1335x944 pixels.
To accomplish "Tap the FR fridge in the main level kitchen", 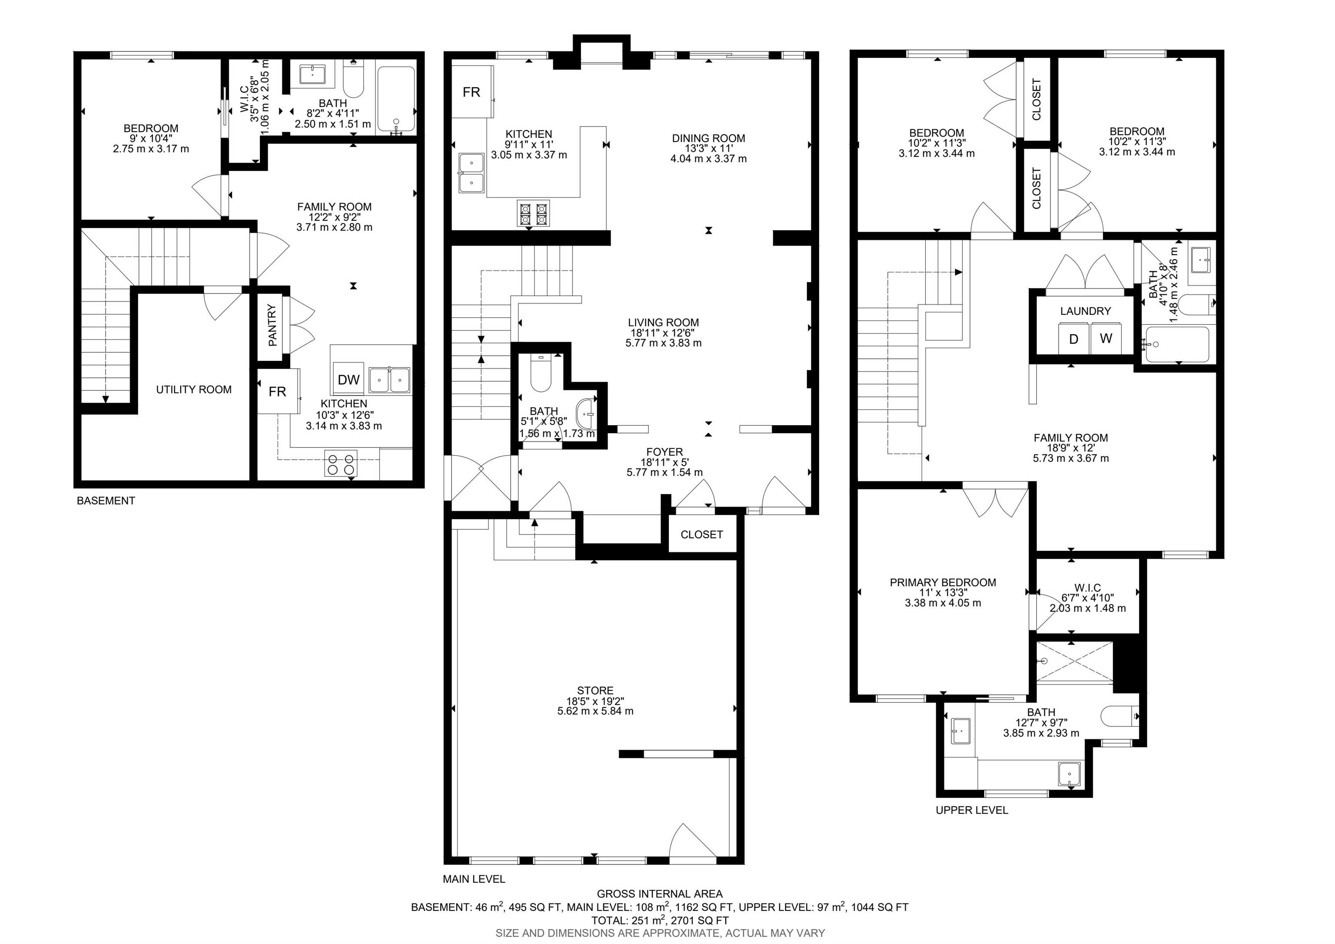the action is pyautogui.click(x=472, y=91).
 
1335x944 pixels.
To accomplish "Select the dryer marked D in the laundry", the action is pyautogui.click(x=1074, y=339).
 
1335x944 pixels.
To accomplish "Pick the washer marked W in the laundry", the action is pyautogui.click(x=1106, y=339).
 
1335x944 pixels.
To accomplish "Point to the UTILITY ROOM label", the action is pyautogui.click(x=194, y=390).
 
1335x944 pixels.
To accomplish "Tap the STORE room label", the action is pyautogui.click(x=595, y=691).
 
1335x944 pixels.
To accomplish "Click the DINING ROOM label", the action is pyautogui.click(x=708, y=138).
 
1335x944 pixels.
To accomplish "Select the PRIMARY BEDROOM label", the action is pyautogui.click(x=943, y=582).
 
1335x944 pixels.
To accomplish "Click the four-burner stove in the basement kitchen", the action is pyautogui.click(x=341, y=464).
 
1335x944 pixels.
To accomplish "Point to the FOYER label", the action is pyautogui.click(x=664, y=452).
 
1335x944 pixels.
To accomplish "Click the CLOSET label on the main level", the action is pyautogui.click(x=702, y=534).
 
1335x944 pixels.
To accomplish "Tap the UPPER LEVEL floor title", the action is pyautogui.click(x=972, y=810).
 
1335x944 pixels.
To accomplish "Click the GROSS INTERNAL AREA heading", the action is pyautogui.click(x=660, y=894).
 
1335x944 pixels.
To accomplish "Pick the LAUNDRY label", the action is pyautogui.click(x=1085, y=311).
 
